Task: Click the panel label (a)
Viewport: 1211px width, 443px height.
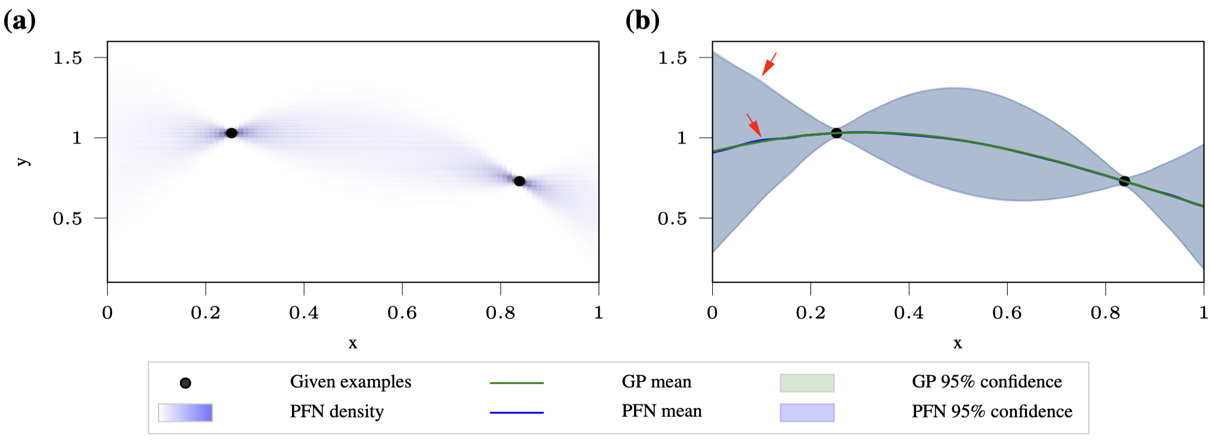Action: coord(20,21)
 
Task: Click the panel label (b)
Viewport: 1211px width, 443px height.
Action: coord(642,21)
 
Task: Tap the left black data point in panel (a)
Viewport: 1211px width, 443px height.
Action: coord(231,133)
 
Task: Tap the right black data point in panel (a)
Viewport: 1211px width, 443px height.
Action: coord(519,181)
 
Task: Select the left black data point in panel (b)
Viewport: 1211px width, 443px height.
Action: coord(836,133)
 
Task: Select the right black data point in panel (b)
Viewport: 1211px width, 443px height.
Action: coord(1124,181)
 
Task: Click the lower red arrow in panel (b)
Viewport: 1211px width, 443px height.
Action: coord(754,125)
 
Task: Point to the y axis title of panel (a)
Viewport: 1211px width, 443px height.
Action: coord(23,161)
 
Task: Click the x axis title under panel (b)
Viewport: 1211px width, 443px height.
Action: coord(957,343)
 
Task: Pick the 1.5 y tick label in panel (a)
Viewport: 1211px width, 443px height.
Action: coord(67,58)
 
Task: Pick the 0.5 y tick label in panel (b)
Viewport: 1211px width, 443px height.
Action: coord(672,219)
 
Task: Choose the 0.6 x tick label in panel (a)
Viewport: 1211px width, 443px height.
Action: coord(402,313)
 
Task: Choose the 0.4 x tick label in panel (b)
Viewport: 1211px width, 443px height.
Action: coord(909,313)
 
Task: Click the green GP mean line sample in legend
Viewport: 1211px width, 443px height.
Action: coord(516,383)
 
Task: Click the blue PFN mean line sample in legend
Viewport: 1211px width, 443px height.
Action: coord(516,412)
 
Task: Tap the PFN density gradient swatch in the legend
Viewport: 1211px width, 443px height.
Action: coord(185,412)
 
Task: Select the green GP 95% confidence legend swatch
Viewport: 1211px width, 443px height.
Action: coord(807,383)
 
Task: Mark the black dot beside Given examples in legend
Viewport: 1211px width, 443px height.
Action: coord(185,383)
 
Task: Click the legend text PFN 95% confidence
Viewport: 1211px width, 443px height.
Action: coord(992,411)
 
